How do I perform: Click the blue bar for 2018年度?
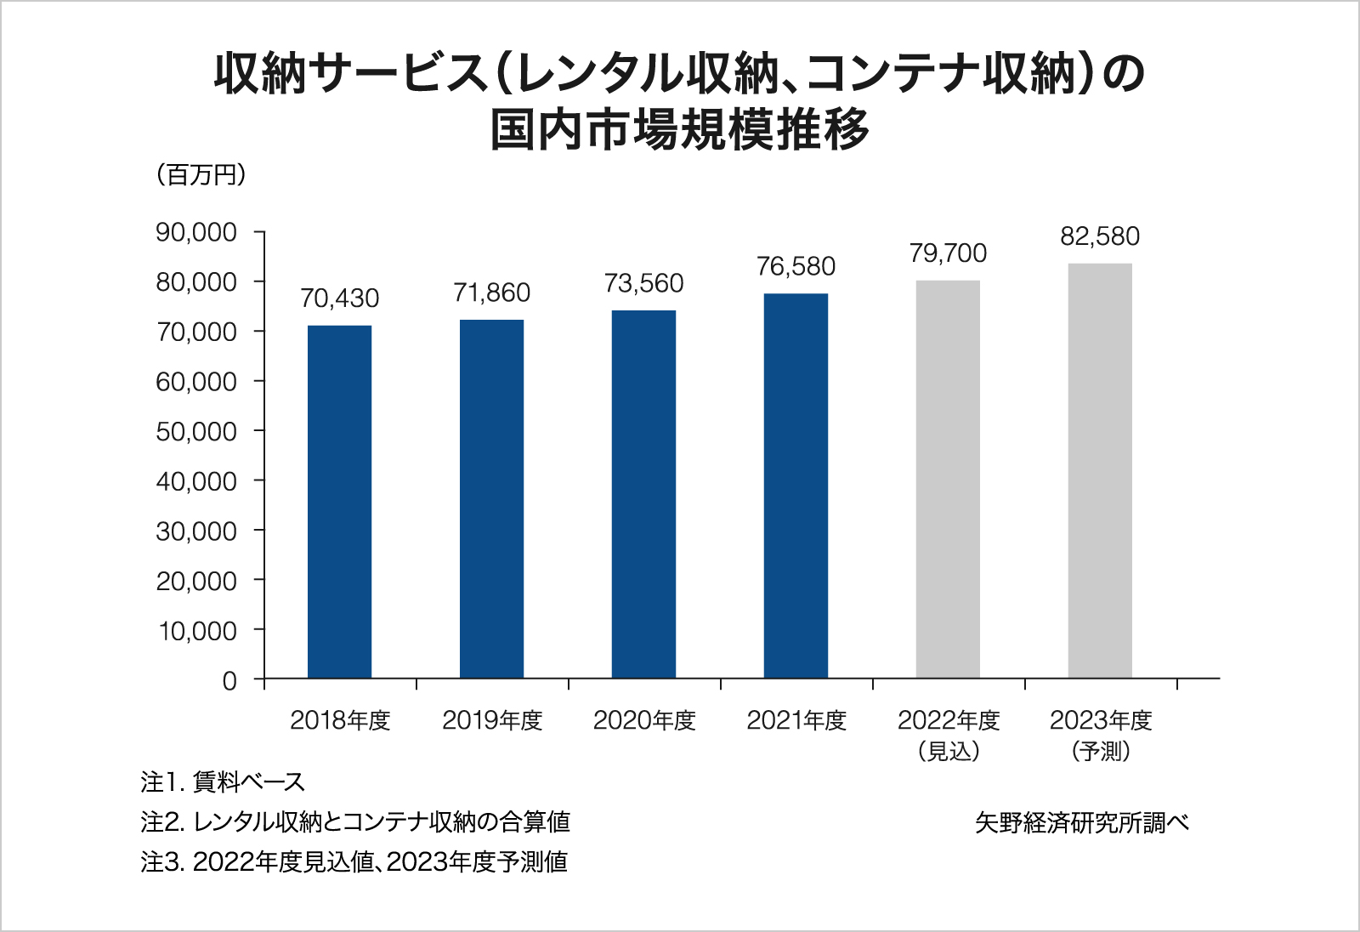click(339, 502)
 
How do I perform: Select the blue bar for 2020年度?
click(643, 494)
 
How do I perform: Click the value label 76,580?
click(796, 267)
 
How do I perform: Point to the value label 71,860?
click(491, 293)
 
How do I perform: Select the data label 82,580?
click(1100, 236)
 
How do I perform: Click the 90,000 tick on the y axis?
click(196, 232)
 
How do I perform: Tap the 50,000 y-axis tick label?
click(196, 432)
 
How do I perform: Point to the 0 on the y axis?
click(229, 681)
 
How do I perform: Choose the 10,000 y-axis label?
click(198, 631)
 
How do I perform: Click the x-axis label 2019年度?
click(492, 720)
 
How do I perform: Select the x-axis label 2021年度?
click(796, 720)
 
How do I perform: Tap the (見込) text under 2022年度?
click(949, 751)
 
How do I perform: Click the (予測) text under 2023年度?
click(1101, 751)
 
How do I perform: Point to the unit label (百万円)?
click(201, 175)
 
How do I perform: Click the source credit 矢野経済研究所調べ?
click(1081, 822)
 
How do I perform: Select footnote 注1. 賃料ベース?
click(223, 781)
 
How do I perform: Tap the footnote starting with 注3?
click(354, 861)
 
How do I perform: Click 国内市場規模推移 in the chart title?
click(680, 130)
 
